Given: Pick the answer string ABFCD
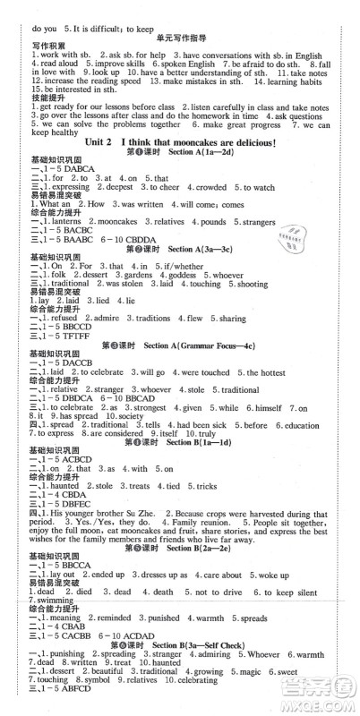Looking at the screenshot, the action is [71, 707].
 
